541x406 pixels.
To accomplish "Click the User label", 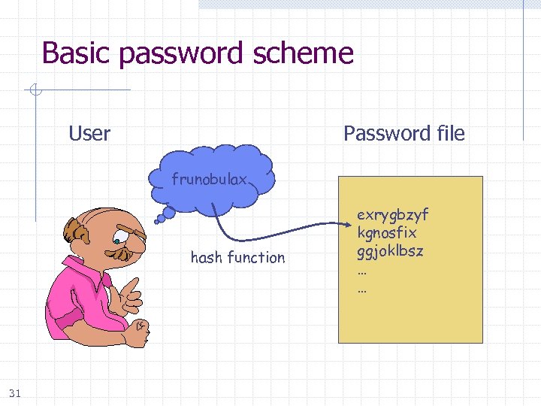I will tap(89, 134).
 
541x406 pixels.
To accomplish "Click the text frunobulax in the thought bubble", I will tap(215, 180).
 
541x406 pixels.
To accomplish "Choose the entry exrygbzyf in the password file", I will tap(392, 216).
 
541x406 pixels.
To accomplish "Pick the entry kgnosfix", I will tap(387, 233).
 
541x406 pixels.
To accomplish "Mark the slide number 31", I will tap(15, 392).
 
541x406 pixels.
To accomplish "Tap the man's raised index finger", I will tap(133, 284).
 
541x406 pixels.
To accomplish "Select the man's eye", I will tap(120, 241).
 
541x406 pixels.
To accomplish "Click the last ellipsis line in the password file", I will tap(362, 287).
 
